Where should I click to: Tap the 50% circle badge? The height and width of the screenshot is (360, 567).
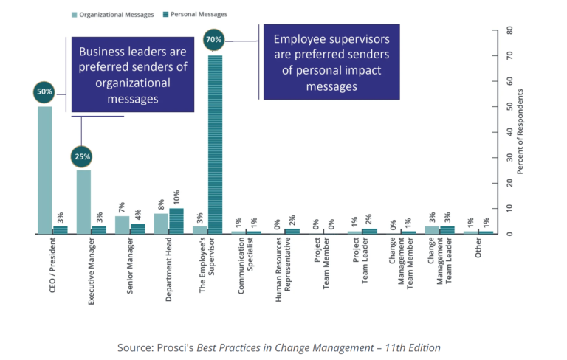[44, 92]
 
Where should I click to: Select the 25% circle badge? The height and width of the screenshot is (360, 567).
[83, 156]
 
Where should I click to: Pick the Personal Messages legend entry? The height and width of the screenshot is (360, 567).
[193, 14]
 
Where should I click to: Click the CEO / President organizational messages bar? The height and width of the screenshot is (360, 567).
[44, 170]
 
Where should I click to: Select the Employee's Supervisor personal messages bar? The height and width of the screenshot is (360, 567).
[216, 145]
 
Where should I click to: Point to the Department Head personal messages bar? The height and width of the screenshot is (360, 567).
[177, 221]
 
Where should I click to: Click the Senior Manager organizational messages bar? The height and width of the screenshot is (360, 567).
[122, 224]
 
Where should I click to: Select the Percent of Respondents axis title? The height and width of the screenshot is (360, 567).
[520, 131]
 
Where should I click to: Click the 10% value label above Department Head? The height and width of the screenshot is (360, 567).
[177, 198]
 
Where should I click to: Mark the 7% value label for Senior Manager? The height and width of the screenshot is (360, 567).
[122, 207]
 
